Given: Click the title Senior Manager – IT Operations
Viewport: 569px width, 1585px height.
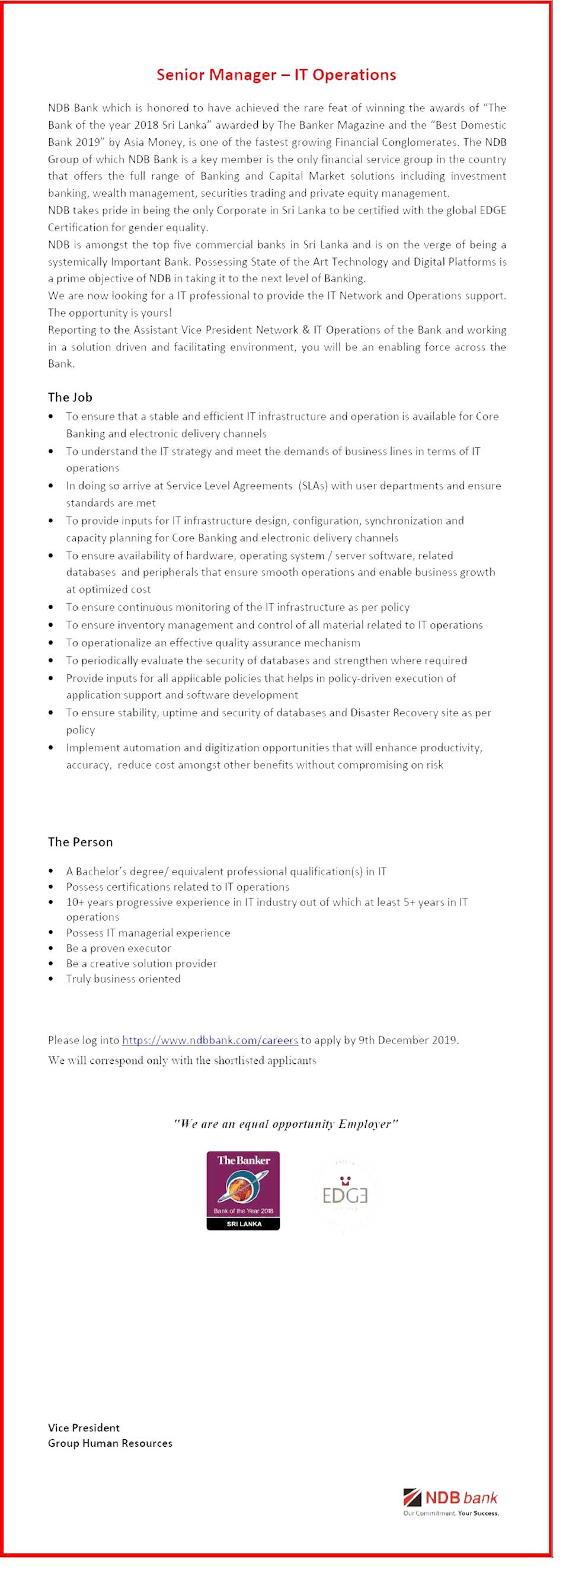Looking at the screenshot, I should click(276, 75).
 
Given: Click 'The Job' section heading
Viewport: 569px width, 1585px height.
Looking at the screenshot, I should click(70, 397).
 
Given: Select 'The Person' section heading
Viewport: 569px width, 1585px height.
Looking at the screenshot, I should click(81, 842).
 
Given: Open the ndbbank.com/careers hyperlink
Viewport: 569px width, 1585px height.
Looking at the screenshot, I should click(210, 1041).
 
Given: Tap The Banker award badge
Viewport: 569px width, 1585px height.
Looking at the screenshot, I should click(243, 1191).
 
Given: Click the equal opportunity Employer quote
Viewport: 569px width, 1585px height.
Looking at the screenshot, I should click(286, 1124).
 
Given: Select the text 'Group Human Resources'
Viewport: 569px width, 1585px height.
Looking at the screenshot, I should click(110, 1443).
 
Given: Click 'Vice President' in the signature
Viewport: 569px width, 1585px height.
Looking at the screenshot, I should click(84, 1427).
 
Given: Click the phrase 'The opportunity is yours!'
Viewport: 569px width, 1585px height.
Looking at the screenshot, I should click(110, 312).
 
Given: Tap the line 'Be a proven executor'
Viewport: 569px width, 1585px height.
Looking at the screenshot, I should click(119, 948).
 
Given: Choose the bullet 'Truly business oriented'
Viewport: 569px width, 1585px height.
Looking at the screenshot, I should click(123, 979).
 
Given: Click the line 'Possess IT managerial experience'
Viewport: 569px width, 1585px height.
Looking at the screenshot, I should click(148, 933).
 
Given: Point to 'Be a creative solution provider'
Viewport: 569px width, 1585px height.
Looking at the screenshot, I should click(142, 964).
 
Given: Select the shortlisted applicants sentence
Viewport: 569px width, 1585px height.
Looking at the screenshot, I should click(182, 1061).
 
